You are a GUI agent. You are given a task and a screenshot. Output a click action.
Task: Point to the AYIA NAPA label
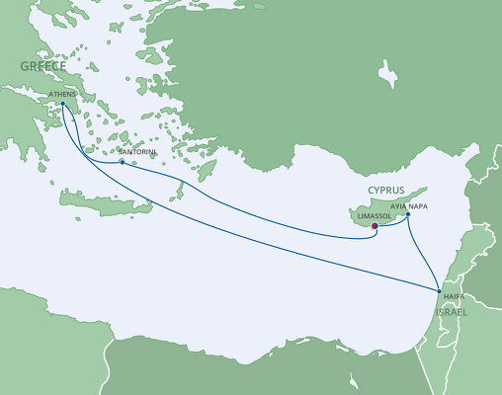click(x=409, y=206)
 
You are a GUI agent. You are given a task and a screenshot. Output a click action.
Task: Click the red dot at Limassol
click(x=375, y=226)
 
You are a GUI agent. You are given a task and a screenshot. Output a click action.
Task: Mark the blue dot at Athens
click(x=62, y=103)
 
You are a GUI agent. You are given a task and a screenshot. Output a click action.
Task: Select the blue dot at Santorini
click(x=122, y=162)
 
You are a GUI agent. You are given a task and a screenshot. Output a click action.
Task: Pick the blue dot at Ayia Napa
click(x=408, y=214)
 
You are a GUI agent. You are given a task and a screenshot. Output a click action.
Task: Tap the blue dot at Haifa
click(x=440, y=290)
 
